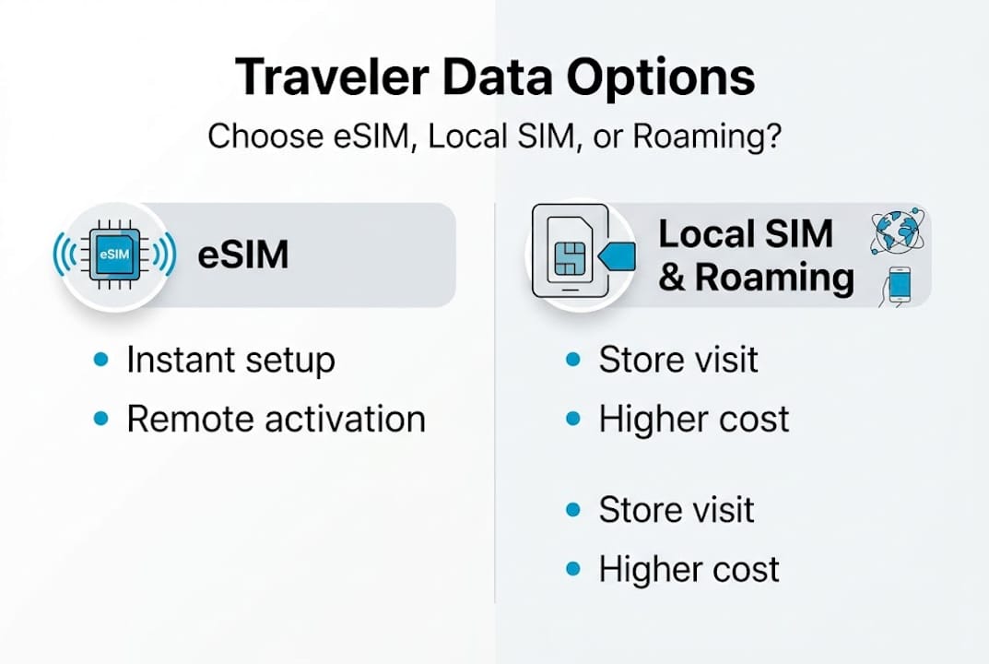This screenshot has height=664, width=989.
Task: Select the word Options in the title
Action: (x=661, y=77)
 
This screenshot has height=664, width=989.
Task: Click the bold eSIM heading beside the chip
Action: (x=243, y=255)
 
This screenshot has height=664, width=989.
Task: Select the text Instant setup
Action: (x=230, y=360)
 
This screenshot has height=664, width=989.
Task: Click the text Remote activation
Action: (x=276, y=419)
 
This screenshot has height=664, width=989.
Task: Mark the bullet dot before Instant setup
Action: (x=101, y=360)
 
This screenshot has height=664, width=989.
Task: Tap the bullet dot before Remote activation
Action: (x=101, y=419)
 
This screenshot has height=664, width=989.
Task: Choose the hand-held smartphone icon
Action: (x=899, y=286)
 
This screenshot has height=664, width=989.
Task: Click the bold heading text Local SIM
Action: (x=746, y=234)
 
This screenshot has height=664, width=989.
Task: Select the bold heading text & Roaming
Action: (x=756, y=278)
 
